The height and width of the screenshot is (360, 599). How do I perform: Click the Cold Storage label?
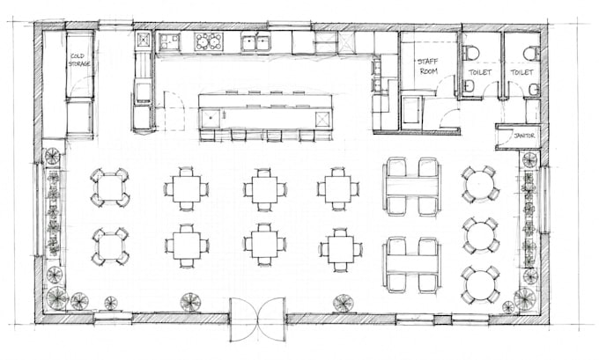point(79,60)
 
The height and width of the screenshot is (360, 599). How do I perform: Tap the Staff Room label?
point(428,66)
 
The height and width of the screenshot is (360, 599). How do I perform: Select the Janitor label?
point(524,136)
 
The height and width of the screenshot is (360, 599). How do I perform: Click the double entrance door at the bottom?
point(258,320)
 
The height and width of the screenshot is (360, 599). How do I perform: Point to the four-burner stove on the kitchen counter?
point(208,41)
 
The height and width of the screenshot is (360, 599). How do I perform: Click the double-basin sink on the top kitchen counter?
point(256,42)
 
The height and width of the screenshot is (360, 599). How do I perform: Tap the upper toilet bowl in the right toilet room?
point(532,53)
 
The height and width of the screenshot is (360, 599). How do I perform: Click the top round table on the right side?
point(480,184)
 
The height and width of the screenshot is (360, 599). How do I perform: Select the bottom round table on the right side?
point(480,285)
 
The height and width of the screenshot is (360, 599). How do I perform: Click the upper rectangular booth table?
point(412,187)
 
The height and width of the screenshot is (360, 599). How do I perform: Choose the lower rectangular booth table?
point(412,264)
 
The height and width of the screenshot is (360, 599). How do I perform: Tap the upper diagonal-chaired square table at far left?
point(109,187)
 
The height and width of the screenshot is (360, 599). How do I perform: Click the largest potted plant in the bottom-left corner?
point(57,297)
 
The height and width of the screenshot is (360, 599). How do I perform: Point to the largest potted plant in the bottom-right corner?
point(525,298)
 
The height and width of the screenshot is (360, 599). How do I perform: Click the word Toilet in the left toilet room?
point(480,72)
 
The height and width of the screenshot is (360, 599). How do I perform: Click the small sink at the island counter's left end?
point(211,118)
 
